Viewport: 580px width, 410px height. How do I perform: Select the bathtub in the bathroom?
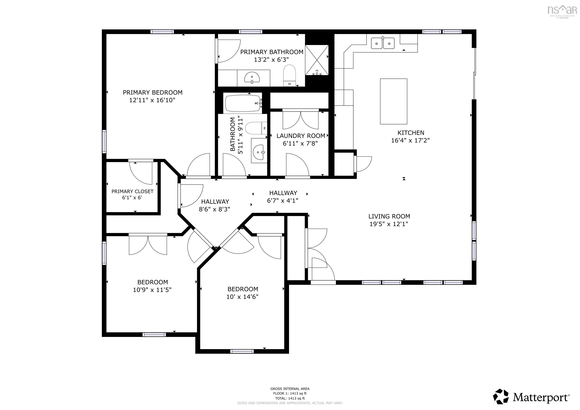coord(243,103)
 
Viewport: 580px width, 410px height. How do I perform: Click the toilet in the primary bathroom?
coord(289,75)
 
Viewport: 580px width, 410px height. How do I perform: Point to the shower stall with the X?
coord(317,60)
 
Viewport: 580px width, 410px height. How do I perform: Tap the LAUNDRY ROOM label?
coord(301,136)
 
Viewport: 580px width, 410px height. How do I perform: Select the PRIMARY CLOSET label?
coord(132,191)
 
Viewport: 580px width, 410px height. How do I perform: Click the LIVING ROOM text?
coord(389,217)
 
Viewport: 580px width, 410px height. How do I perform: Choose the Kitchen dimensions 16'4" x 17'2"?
coord(410,140)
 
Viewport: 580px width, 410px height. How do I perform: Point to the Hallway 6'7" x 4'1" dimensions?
coord(282,201)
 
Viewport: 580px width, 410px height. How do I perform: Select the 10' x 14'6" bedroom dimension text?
coord(242,297)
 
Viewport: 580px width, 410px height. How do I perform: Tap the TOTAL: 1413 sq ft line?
coord(290,398)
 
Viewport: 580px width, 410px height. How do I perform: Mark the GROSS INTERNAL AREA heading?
coord(290,389)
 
